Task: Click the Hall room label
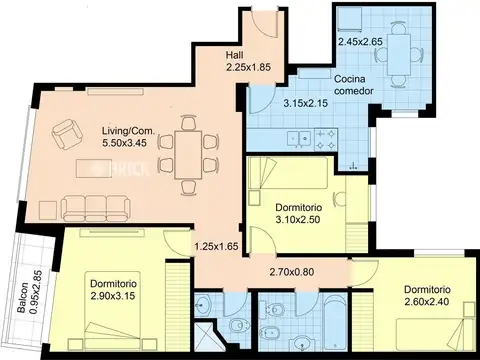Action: coord(234,55)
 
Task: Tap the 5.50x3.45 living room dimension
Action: coord(125,143)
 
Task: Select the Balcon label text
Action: coord(23,298)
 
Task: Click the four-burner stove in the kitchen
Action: coord(325,140)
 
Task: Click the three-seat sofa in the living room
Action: coord(96,208)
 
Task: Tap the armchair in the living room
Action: coord(68,134)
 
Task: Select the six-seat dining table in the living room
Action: coord(188,155)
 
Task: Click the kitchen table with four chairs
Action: coord(399,55)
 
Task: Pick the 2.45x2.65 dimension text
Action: coord(360,42)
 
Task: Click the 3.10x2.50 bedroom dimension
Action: coord(298,220)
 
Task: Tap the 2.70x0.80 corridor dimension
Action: coord(292,272)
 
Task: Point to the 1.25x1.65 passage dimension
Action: coord(217,247)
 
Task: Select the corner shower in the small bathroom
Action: coord(206,336)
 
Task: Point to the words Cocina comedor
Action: coord(353,85)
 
